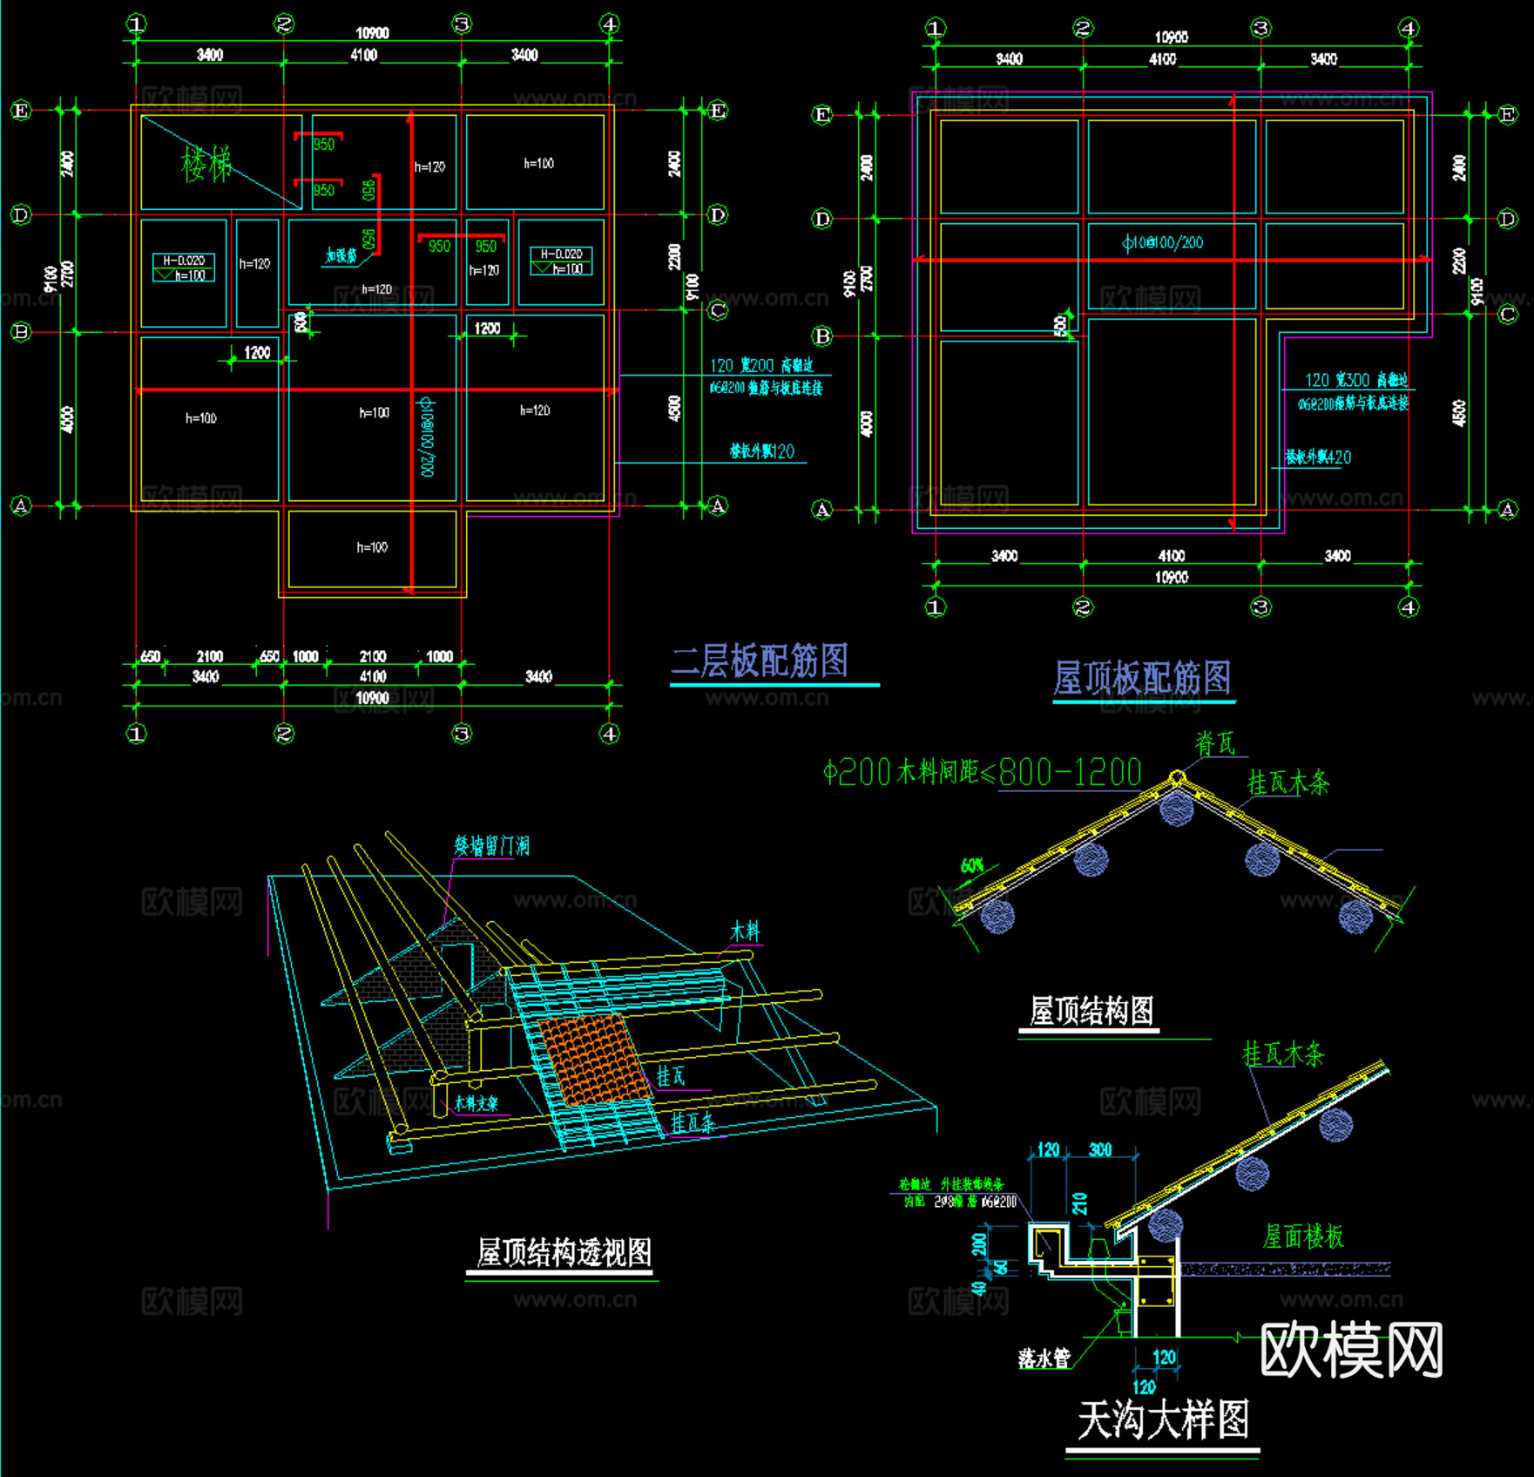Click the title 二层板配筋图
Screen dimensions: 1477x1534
760,661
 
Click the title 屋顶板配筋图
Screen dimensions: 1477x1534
1142,678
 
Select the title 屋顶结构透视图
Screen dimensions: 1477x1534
564,1252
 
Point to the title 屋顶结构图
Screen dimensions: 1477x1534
1091,1011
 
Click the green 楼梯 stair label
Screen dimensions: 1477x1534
206,164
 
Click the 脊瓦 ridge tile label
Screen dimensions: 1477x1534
1215,744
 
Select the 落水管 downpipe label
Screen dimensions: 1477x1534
1044,1358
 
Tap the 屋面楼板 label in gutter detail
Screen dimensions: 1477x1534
1303,1236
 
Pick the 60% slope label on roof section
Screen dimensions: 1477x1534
972,865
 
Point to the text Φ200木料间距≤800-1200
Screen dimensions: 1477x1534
983,772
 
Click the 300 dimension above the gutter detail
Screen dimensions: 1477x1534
1100,1150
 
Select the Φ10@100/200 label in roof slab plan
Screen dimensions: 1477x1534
1163,242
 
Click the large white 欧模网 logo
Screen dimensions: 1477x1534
1351,1350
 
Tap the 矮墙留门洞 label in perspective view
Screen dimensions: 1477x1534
491,846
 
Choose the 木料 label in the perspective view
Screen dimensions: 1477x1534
745,932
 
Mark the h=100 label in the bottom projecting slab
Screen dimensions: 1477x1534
372,547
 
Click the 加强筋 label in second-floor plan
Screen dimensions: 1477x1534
341,255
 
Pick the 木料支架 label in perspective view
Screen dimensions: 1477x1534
476,1103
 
